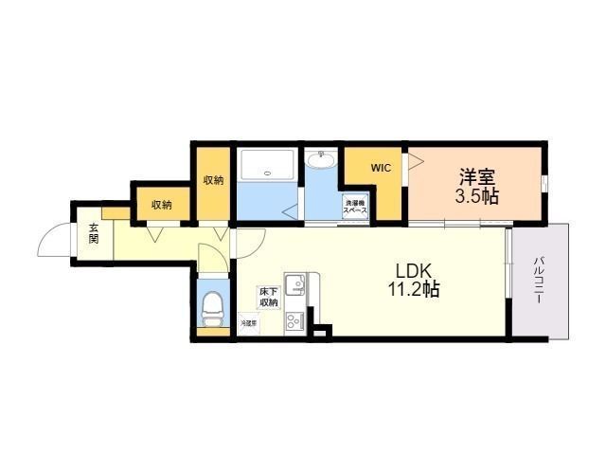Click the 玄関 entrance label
(94, 233)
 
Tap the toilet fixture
(213, 306)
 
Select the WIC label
(381, 168)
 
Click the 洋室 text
(477, 176)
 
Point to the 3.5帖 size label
(477, 197)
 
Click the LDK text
(409, 268)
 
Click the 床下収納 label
(269, 298)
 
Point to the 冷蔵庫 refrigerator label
(247, 323)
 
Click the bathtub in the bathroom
(267, 168)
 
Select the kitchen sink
(295, 282)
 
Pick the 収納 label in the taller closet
(213, 180)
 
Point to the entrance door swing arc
(53, 241)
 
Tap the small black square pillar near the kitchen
(321, 331)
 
